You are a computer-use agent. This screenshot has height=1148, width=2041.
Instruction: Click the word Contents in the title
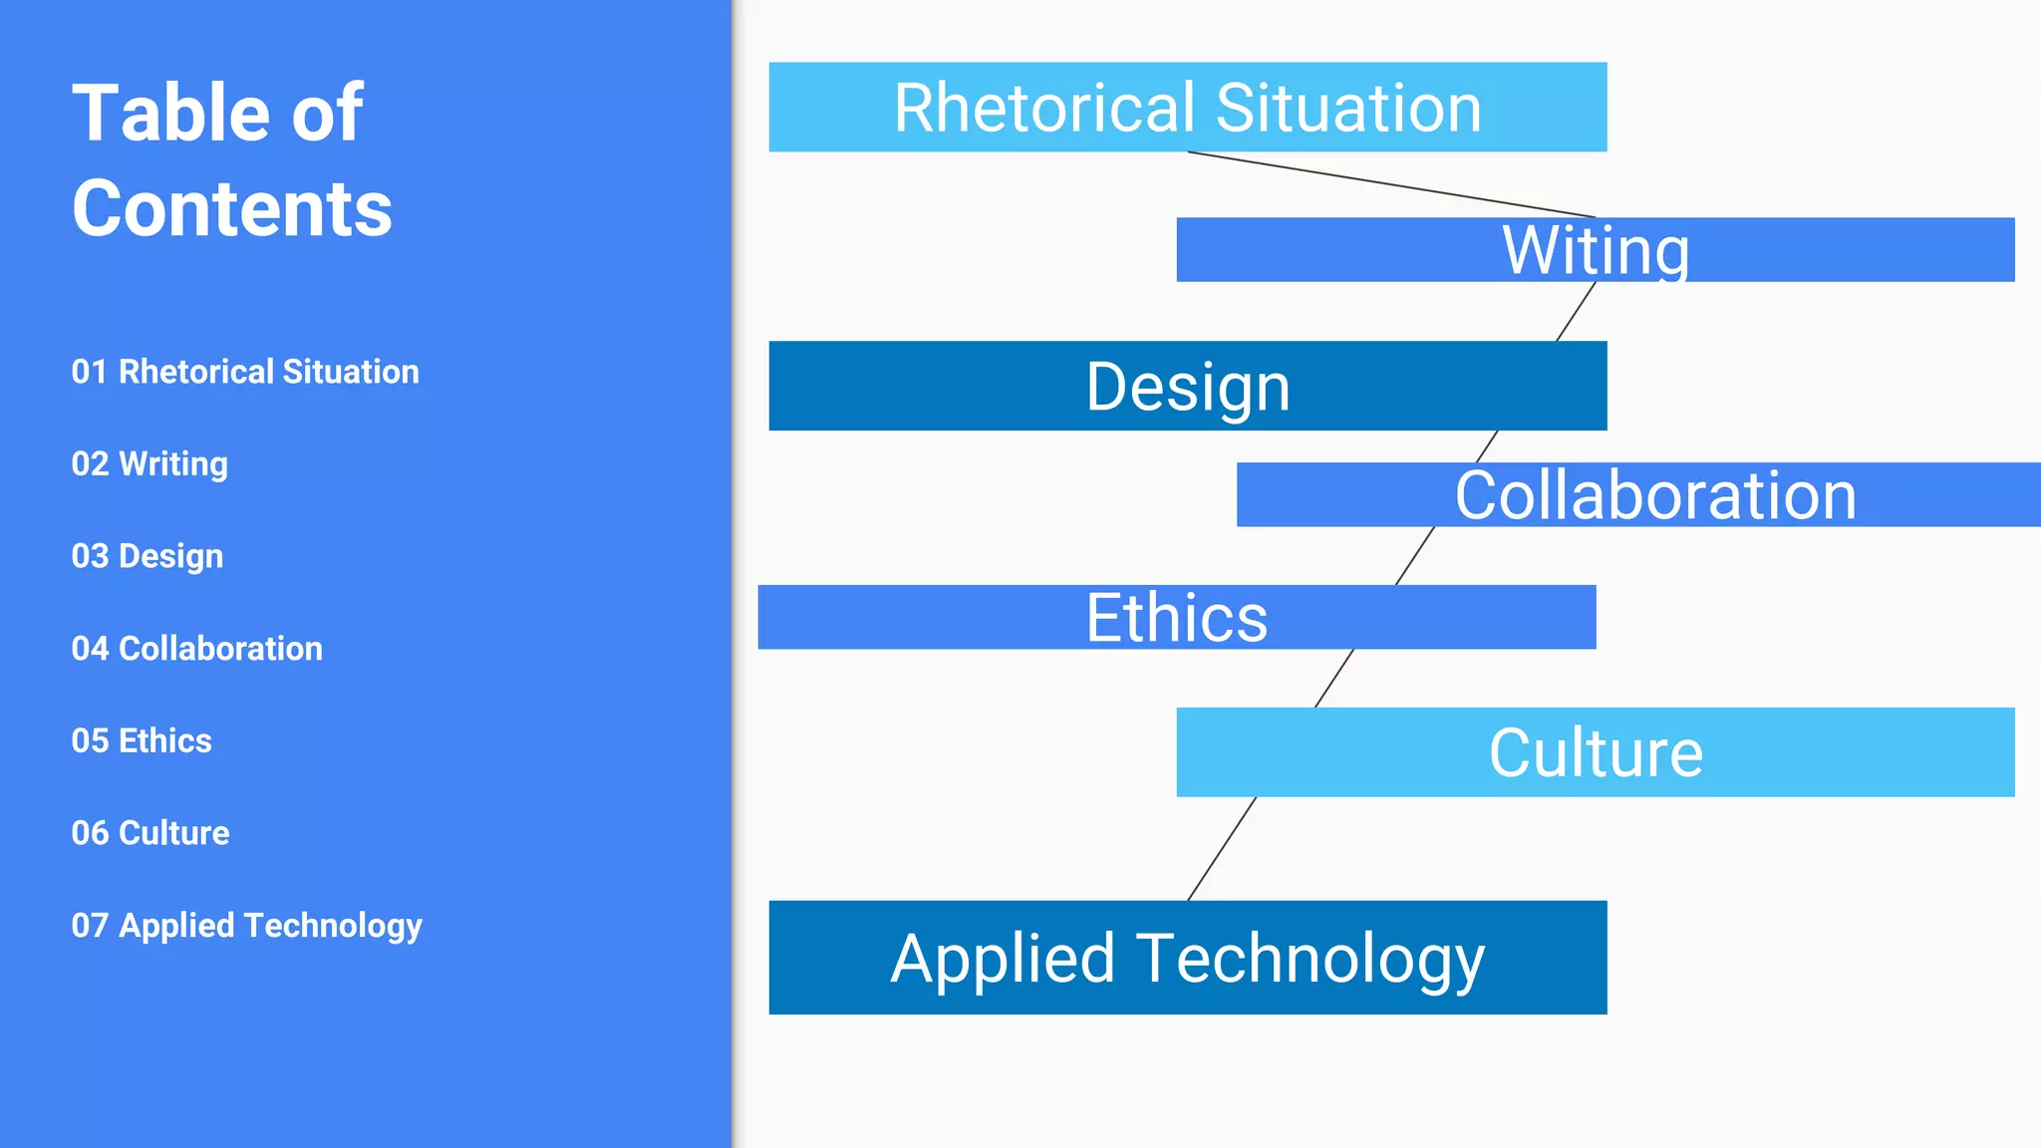tap(231, 209)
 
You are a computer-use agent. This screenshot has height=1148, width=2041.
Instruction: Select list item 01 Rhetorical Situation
tap(245, 372)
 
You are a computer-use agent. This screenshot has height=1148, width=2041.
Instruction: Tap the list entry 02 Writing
tap(149, 464)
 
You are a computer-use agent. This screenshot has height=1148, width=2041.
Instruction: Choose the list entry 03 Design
tap(147, 556)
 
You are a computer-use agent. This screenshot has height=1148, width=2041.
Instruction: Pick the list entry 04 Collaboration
tap(197, 649)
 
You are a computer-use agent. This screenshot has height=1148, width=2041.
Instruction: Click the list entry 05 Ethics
tap(142, 741)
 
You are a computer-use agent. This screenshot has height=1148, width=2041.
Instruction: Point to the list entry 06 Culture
tap(150, 833)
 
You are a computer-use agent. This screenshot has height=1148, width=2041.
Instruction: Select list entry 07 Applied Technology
tap(247, 926)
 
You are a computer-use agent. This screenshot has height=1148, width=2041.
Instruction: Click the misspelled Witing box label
tap(1596, 250)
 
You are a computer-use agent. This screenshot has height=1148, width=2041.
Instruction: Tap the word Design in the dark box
tap(1188, 387)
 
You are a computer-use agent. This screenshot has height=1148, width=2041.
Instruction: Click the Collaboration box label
tap(1655, 495)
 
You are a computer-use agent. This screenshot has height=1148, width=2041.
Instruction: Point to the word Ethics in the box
tap(1176, 618)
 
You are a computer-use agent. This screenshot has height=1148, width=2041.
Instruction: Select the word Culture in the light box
tap(1596, 752)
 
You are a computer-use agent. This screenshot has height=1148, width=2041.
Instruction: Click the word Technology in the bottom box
tap(1310, 959)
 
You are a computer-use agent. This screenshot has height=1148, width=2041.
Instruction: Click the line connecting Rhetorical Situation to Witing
tap(1391, 184)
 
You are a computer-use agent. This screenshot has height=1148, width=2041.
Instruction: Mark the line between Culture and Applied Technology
tap(1222, 849)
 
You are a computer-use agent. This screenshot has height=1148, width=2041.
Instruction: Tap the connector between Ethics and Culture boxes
tap(1334, 679)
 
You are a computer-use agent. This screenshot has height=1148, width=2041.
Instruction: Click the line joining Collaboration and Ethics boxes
tap(1415, 555)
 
